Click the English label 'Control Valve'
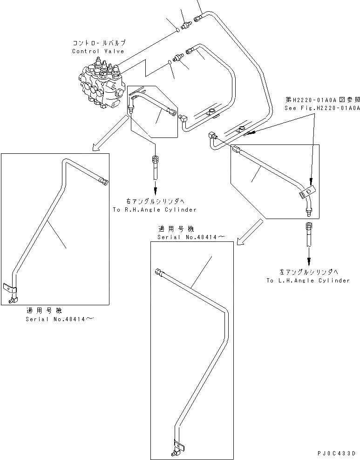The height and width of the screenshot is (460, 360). pos(98,51)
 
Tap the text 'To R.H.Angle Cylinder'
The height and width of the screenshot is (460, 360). pos(155,210)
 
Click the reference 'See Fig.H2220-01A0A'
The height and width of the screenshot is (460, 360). pos(322,108)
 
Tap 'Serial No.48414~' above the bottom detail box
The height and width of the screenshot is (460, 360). pos(191,237)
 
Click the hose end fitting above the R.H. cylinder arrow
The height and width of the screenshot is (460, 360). pos(155,161)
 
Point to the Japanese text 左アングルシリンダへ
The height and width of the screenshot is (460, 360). pos(308,272)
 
